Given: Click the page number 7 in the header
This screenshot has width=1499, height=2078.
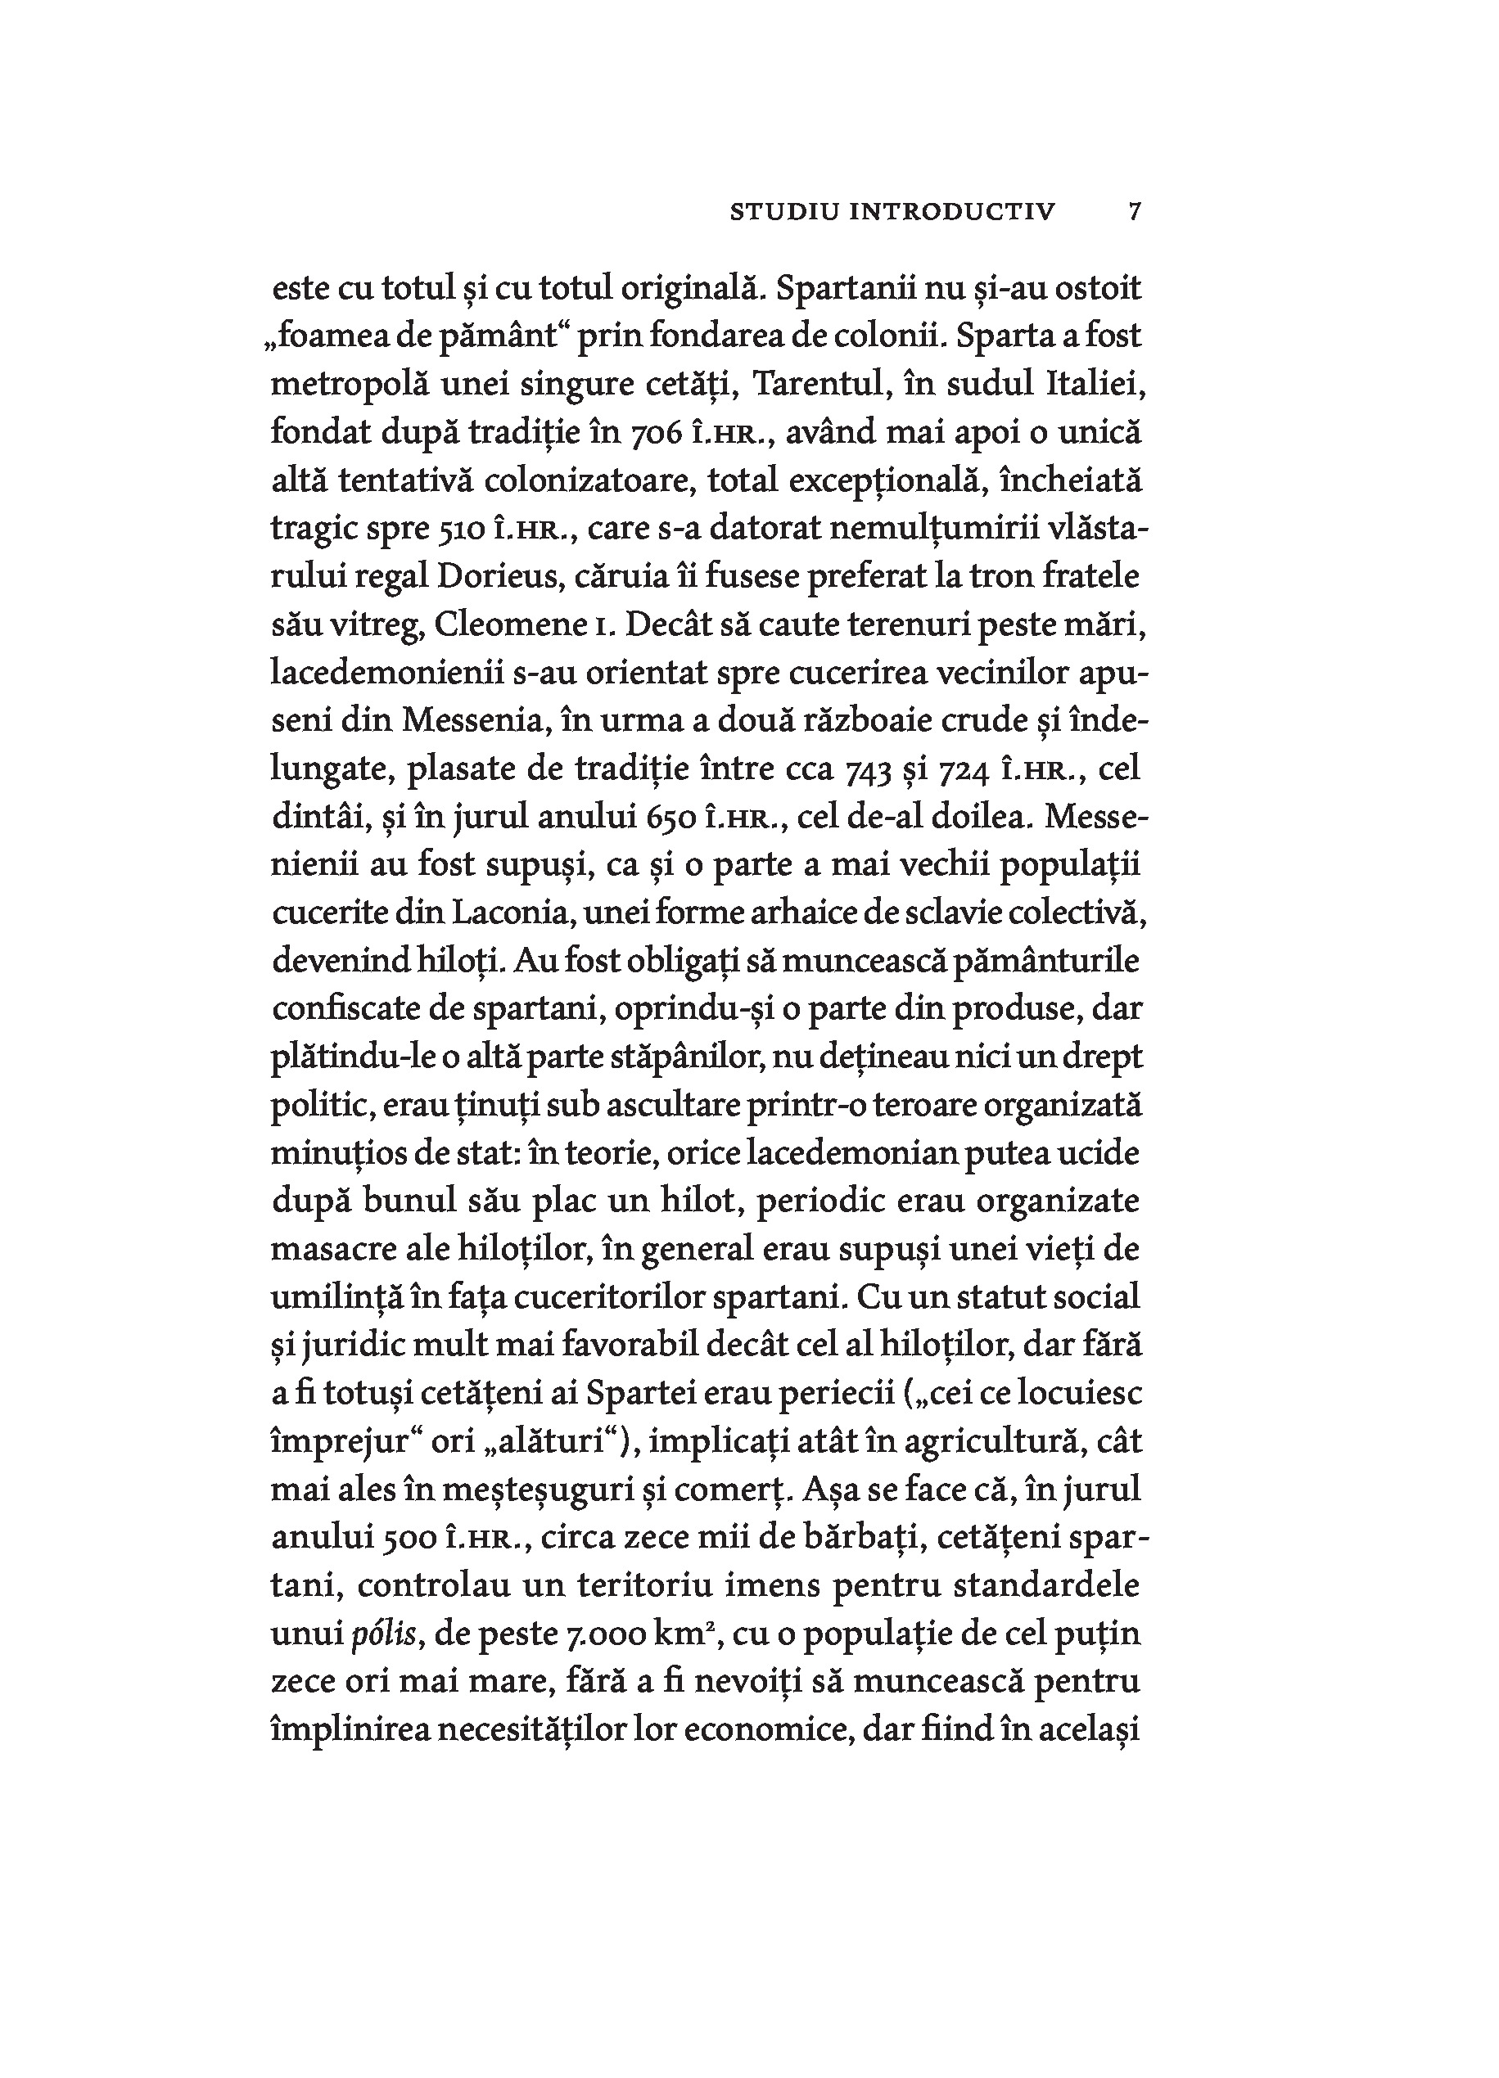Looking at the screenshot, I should (x=1135, y=212).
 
